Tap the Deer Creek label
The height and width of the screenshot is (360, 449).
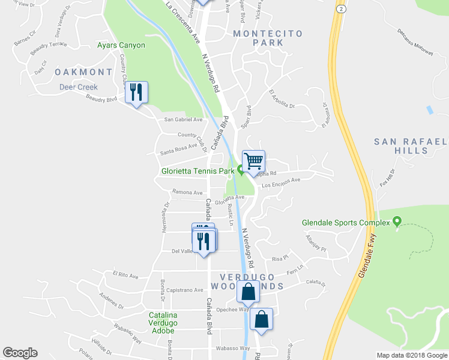pyautogui.click(x=78, y=87)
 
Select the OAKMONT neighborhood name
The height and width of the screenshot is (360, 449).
pyautogui.click(x=83, y=72)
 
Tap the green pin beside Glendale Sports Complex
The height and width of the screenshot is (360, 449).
pyautogui.click(x=396, y=223)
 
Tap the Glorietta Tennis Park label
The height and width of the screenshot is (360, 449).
pyautogui.click(x=197, y=171)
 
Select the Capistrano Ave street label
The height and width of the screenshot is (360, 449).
pyautogui.click(x=184, y=290)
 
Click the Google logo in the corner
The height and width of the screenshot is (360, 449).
pyautogui.click(x=20, y=353)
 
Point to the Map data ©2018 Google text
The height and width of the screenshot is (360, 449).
pyautogui.click(x=412, y=355)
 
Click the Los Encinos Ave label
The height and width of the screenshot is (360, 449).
pyautogui.click(x=281, y=182)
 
